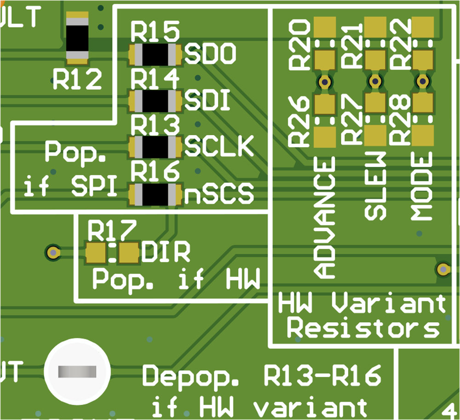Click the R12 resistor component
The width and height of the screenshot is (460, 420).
click(x=77, y=39)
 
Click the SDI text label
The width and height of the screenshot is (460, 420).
click(x=207, y=101)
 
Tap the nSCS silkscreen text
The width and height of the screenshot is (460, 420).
click(x=219, y=194)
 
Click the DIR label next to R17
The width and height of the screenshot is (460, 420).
click(x=166, y=253)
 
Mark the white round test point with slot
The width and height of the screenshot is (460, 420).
click(x=77, y=371)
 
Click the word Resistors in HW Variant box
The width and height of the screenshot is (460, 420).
click(x=366, y=329)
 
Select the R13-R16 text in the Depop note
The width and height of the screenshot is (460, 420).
click(x=322, y=376)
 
